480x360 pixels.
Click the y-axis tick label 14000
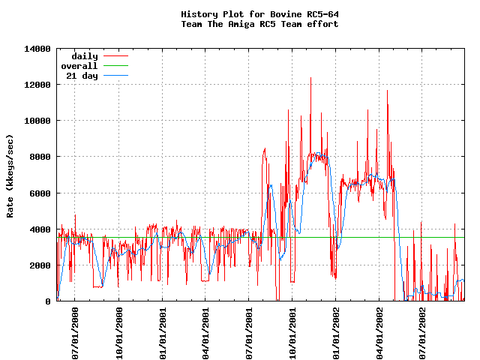click(x=37, y=49)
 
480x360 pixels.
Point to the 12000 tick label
click(x=37, y=85)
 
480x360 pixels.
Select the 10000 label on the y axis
click(x=37, y=121)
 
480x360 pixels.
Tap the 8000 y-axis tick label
click(x=40, y=157)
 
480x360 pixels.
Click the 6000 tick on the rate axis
click(x=40, y=193)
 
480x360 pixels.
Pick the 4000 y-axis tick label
click(x=40, y=229)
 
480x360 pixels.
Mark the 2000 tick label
click(x=40, y=265)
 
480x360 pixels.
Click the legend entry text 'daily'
click(x=84, y=56)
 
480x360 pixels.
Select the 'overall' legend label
click(x=79, y=66)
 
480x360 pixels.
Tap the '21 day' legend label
click(x=82, y=76)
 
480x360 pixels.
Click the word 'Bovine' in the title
click(x=271, y=14)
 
